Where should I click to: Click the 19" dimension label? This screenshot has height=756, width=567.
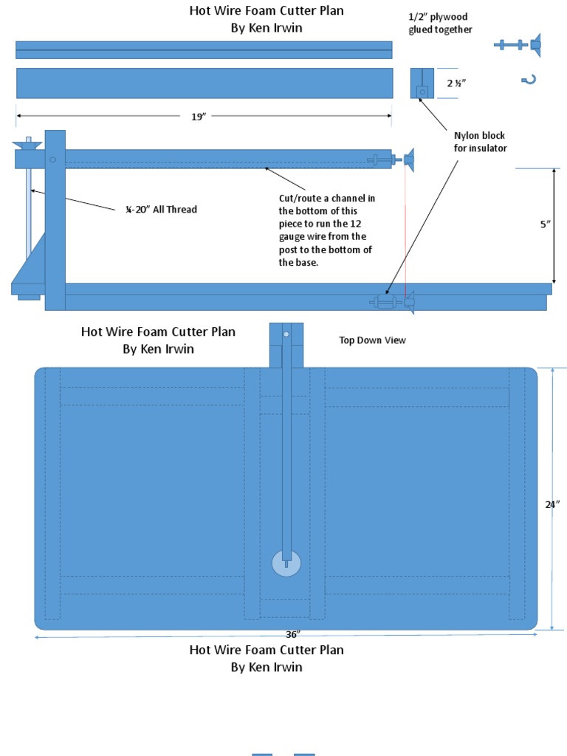198,117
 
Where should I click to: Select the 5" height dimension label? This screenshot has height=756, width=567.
546,224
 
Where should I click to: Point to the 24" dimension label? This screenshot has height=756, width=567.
552,504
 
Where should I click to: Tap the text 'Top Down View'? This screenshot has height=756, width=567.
372,340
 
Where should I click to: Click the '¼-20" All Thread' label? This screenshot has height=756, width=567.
160,210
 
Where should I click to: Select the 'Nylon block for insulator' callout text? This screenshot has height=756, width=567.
480,142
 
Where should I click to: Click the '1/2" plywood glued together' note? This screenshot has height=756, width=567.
440,23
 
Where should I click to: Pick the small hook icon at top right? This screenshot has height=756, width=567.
528,80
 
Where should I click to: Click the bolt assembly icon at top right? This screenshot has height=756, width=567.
518,45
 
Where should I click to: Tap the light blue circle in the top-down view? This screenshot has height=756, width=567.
286,563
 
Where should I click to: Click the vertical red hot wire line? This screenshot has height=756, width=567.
405,229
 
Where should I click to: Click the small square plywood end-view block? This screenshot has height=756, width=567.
422,83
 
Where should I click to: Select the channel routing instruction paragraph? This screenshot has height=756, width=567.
326,230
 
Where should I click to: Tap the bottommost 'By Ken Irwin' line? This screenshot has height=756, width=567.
267,667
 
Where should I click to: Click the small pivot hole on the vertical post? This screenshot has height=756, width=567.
53,159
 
